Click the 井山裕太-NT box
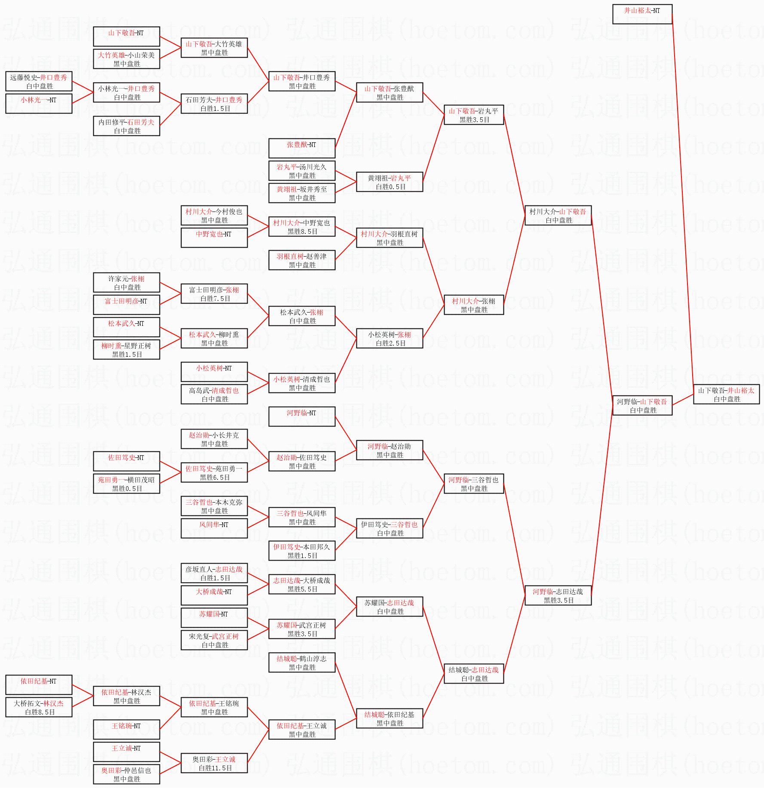[x=642, y=14]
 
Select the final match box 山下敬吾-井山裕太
[x=726, y=394]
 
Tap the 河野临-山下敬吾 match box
[x=642, y=405]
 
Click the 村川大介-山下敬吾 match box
[x=558, y=215]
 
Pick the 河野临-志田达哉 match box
[x=558, y=595]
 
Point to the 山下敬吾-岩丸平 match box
[x=473, y=115]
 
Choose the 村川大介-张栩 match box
[x=473, y=305]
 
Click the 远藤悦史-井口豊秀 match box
[x=39, y=81]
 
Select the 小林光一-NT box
[x=39, y=104]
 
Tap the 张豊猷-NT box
[x=301, y=148]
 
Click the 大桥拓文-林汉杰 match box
[x=39, y=707]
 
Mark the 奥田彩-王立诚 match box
[x=214, y=763]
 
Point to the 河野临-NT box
[x=301, y=417]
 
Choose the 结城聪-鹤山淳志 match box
[x=301, y=662]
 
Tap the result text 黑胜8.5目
[x=302, y=231]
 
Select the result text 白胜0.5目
[x=390, y=187]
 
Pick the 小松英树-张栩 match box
[x=389, y=338]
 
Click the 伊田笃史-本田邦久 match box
[x=301, y=551]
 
